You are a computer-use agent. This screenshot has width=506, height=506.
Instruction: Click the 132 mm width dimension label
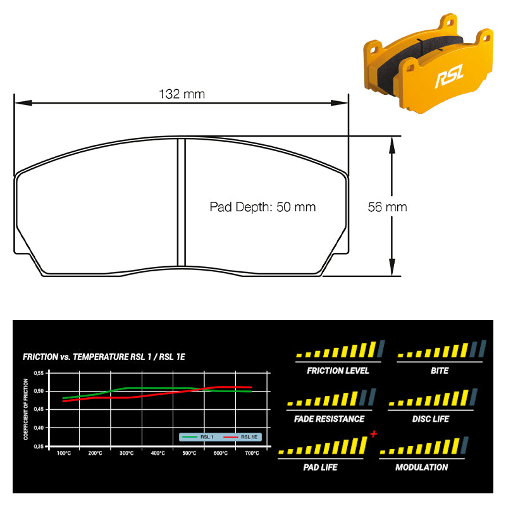point(182,94)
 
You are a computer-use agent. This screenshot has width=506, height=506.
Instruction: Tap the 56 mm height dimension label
point(387,207)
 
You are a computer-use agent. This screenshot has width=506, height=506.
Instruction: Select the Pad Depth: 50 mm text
point(262,207)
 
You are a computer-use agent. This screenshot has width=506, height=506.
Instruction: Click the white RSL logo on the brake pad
point(449,76)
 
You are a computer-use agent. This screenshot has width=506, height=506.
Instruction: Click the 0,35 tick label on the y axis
point(39,447)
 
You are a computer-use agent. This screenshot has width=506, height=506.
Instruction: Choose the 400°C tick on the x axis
point(157,454)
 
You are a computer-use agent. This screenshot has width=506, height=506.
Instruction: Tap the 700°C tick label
point(252,454)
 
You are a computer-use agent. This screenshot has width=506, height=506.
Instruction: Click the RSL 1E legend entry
point(241,437)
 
